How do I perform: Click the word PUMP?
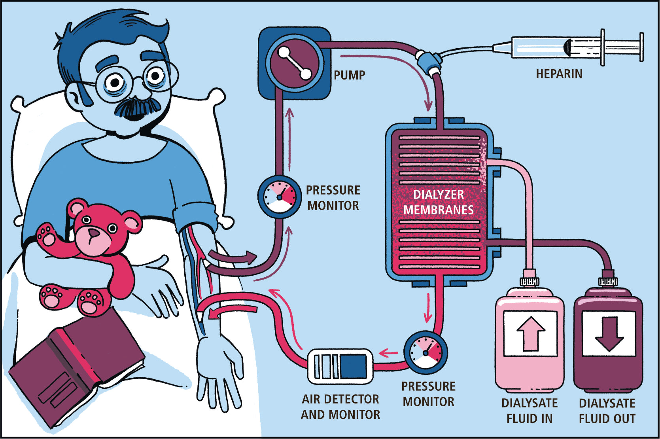[x=349, y=75]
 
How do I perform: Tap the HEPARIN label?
[x=559, y=74]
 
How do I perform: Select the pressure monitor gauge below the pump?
[x=280, y=197]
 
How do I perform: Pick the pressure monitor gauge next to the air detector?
[x=426, y=352]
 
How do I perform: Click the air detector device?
[x=340, y=366]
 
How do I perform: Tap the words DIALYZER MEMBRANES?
[x=438, y=202]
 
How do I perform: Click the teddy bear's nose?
[x=93, y=233]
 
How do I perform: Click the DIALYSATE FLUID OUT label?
[x=607, y=411]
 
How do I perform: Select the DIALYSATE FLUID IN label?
[x=530, y=411]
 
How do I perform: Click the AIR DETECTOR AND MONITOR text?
[x=340, y=407]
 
